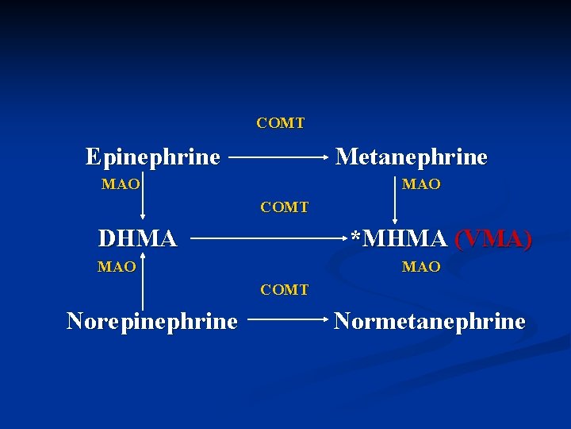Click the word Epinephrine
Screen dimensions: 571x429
coord(152,157)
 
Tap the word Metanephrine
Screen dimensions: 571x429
coord(411,157)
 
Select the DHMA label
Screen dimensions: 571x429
coord(136,238)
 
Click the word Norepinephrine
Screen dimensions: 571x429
coord(151,321)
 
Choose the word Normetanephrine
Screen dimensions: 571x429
coord(429,321)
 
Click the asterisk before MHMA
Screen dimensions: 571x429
coord(356,237)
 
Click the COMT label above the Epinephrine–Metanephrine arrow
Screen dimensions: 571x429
coord(280,123)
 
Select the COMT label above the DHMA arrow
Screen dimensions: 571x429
coord(285,207)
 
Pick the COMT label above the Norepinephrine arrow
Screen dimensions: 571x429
coord(285,290)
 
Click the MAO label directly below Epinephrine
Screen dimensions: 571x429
coord(121,184)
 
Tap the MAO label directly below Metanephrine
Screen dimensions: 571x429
coord(421,184)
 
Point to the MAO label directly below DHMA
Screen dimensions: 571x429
coord(117,267)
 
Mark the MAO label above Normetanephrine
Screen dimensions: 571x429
coord(421,267)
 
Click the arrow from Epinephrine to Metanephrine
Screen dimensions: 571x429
coord(278,157)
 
